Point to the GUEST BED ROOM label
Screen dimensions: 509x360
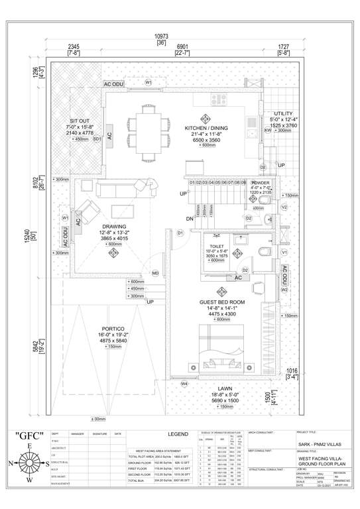222,302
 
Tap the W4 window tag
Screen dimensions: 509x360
185,384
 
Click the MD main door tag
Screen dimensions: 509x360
155,273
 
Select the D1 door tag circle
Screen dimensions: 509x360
180,233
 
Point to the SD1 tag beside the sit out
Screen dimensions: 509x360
97,139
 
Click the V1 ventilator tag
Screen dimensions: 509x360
284,253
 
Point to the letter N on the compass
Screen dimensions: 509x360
10,463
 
